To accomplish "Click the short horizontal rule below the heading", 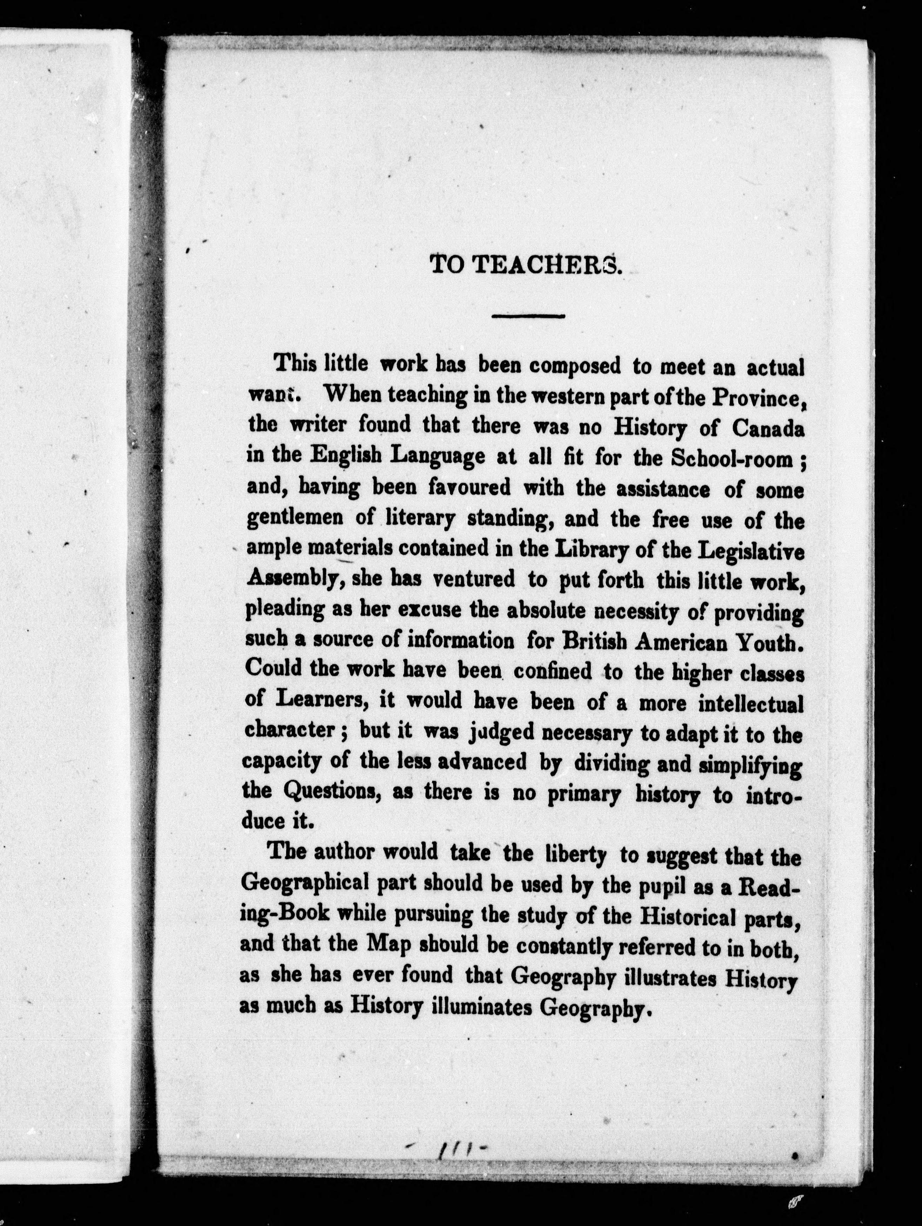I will click(527, 316).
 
